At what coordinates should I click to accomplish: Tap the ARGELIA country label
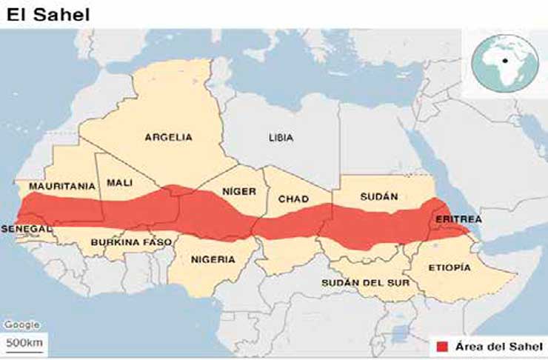click(168, 137)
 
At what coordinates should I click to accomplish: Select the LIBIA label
click(281, 138)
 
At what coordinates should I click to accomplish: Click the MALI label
click(120, 182)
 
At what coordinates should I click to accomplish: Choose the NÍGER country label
click(239, 191)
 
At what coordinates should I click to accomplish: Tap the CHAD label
click(293, 199)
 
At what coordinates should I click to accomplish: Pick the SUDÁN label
click(378, 197)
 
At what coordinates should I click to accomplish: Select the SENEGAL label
click(26, 229)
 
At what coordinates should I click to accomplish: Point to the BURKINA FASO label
click(131, 242)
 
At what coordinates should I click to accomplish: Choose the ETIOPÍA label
click(450, 267)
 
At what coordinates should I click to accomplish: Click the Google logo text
click(21, 325)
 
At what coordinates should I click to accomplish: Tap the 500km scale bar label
click(25, 343)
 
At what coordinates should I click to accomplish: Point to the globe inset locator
click(503, 64)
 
